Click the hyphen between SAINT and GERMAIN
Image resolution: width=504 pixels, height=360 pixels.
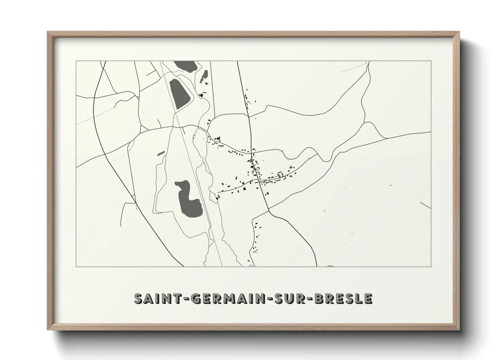point(185,299)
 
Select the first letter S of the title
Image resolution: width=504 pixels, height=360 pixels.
point(139,298)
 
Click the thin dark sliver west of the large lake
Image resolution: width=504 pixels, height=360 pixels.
point(161,153)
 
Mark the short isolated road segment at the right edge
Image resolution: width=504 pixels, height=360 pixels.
point(425,205)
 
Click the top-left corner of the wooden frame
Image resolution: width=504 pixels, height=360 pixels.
point(48,32)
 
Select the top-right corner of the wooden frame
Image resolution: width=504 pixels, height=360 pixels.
point(459,32)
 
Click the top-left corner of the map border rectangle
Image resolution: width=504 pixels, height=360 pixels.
point(76,61)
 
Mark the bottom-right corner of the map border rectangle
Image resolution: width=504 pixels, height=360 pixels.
point(431,266)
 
